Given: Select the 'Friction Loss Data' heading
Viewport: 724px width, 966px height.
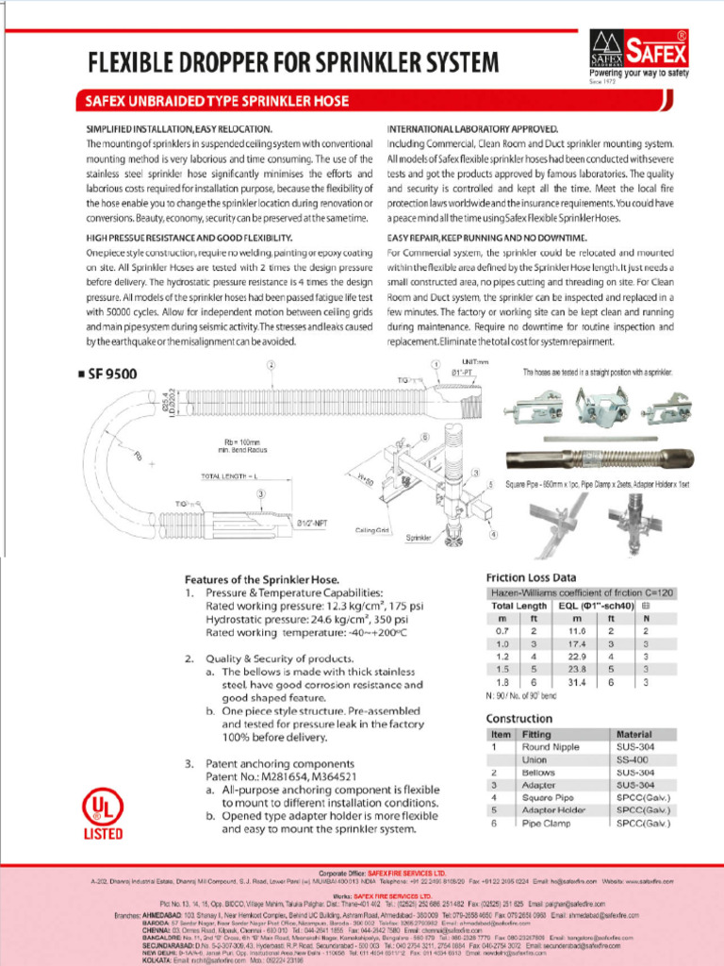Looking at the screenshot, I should [x=531, y=576].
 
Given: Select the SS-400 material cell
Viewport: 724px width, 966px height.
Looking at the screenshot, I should [x=631, y=759].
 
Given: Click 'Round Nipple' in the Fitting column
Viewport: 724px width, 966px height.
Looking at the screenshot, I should [x=550, y=746].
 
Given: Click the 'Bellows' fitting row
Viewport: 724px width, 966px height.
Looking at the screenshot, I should [x=538, y=773].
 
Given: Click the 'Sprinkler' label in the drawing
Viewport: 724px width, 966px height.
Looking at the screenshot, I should [x=419, y=538].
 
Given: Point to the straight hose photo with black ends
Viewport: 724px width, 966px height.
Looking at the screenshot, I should [x=599, y=459].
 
